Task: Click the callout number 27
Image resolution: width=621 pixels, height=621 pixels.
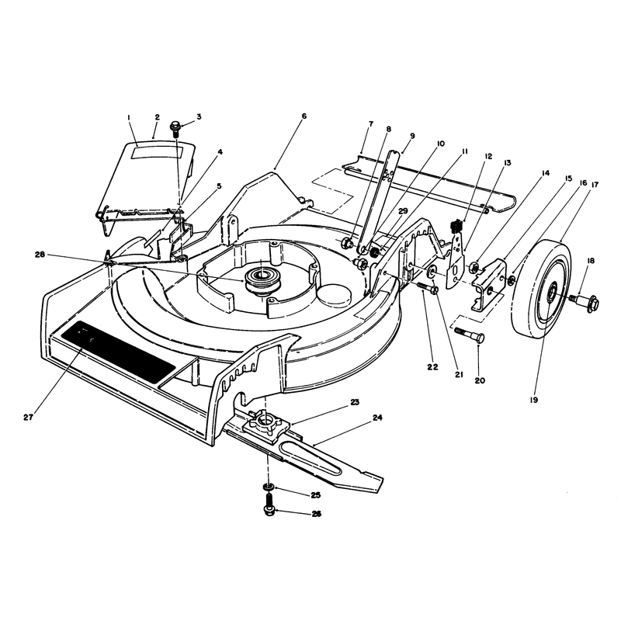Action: click(28, 418)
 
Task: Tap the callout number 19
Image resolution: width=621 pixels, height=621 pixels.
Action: click(533, 400)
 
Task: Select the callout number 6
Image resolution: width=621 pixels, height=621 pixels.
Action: click(304, 116)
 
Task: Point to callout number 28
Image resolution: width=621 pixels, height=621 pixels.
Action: click(40, 255)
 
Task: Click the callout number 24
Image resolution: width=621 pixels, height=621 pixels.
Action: click(377, 418)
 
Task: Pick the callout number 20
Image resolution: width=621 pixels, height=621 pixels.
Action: click(480, 380)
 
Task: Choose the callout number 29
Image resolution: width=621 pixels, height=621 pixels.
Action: click(403, 211)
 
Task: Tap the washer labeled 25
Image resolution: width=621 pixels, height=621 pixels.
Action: click(269, 487)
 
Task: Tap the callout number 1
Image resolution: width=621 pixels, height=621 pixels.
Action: click(128, 117)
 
